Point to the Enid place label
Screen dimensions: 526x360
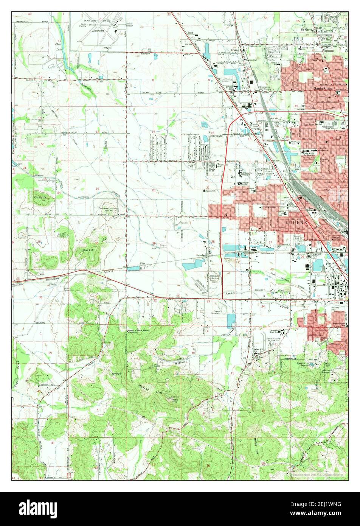[190, 33]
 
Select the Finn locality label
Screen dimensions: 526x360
[142, 263]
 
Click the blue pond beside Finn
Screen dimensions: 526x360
[133, 268]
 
